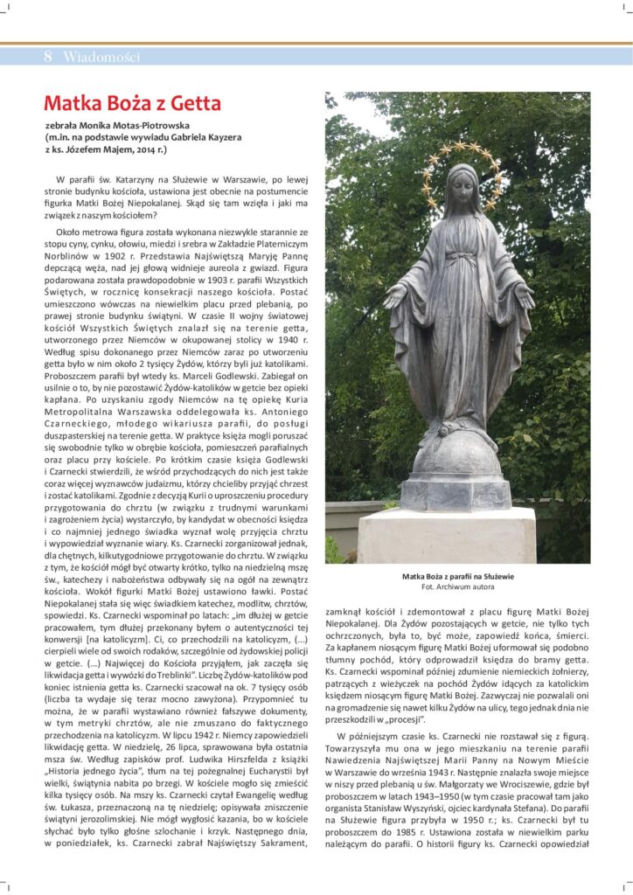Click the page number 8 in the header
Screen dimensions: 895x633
48,57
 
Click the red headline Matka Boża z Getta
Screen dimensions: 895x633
132,104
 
